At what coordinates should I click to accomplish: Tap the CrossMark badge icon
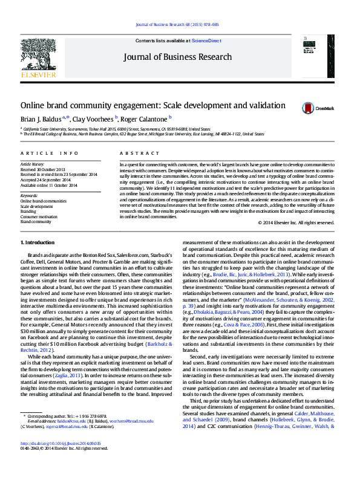click(x=310, y=108)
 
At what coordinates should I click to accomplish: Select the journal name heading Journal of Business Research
click(x=177, y=57)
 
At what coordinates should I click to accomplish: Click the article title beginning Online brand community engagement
click(x=152, y=106)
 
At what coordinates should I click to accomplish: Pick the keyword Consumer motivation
click(x=39, y=216)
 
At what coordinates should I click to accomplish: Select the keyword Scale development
click(x=37, y=206)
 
